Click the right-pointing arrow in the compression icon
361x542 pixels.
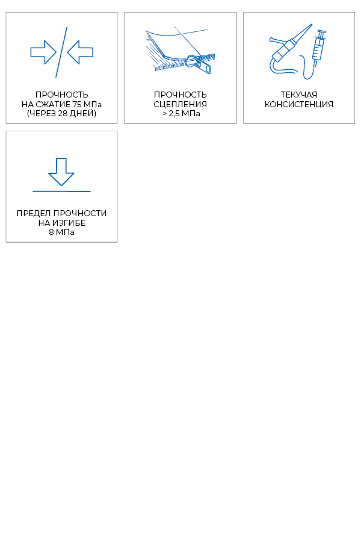point(43,52)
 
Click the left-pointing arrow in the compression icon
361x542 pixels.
point(80,52)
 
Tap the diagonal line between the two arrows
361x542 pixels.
point(61,52)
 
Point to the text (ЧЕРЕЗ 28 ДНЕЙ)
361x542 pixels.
point(61,113)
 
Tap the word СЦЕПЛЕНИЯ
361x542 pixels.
point(180,104)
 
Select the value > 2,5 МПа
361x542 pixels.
point(181,114)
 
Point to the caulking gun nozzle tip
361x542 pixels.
point(311,25)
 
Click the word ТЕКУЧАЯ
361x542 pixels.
point(299,95)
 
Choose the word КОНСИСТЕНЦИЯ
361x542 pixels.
point(299,104)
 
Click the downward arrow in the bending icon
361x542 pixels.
point(61,172)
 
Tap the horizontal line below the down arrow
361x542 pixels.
point(61,191)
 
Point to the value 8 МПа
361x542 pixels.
point(61,232)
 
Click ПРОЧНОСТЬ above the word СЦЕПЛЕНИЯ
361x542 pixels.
point(180,95)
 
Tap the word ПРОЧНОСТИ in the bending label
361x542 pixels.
point(80,213)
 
